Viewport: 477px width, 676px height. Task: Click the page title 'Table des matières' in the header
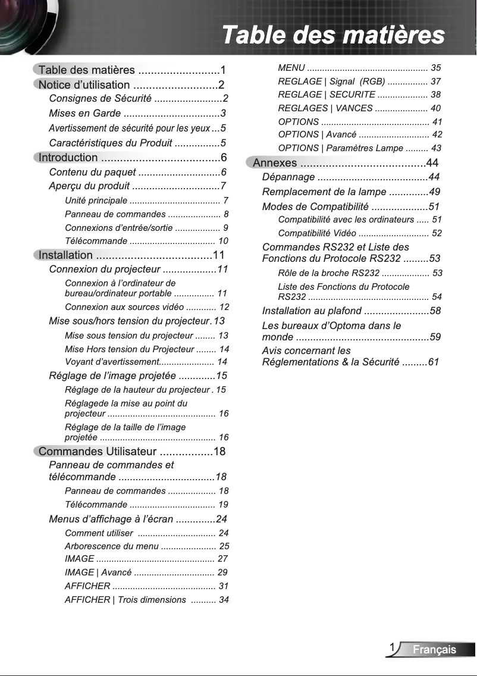333,35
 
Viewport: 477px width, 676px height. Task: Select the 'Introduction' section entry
68,158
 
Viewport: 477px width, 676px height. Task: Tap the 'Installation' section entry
66,255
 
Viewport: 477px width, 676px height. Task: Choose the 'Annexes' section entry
275,163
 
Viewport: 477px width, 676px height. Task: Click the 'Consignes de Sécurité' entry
100,98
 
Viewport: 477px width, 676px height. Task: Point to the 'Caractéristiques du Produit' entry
111,143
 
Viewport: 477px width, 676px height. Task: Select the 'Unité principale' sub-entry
96,201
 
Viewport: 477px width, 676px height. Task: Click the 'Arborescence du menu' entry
112,546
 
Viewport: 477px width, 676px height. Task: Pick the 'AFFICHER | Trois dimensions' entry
125,599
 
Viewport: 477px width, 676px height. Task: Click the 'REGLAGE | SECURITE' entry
327,95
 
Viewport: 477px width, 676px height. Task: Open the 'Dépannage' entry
288,177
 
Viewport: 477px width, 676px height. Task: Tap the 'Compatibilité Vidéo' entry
317,233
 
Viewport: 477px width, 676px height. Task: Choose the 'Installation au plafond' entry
312,311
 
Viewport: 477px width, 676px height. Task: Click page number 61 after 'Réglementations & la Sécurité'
434,362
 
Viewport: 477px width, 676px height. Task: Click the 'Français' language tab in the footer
435,649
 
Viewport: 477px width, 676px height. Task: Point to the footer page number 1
393,647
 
